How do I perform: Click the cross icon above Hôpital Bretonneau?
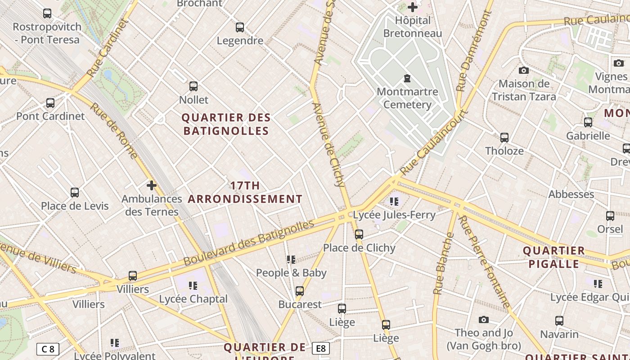tap(413, 7)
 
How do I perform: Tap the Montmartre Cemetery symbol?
tap(407, 78)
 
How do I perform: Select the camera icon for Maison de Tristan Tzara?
tap(523, 70)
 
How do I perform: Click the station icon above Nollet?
tap(193, 86)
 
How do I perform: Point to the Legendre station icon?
tap(240, 27)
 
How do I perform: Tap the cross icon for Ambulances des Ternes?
tap(152, 185)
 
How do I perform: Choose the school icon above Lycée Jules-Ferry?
tap(394, 201)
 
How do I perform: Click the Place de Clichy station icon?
tap(359, 234)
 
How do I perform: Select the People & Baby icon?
tap(291, 259)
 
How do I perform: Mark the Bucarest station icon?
tap(300, 291)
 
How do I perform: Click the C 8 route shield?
tap(48, 349)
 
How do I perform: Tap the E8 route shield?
tap(320, 348)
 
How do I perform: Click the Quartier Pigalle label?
tap(553, 257)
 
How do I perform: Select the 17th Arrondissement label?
tap(245, 192)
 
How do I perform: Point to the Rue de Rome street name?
tap(114, 131)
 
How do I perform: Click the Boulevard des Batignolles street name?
tap(248, 243)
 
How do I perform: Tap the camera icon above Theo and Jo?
tap(484, 319)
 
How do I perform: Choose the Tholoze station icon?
tap(504, 137)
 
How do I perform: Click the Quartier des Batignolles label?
tap(226, 124)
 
